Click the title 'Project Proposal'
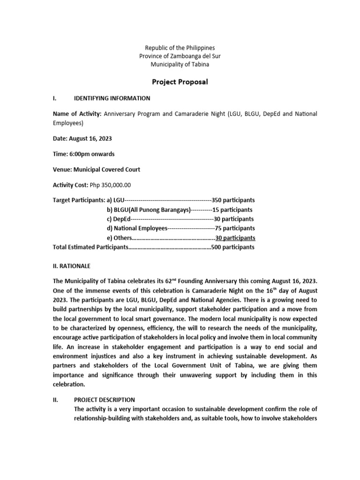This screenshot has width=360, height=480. (180, 82)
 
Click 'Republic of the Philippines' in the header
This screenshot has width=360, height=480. (180, 48)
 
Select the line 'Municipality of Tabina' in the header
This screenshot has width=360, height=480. (180, 64)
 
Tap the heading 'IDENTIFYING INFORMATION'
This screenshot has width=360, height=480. (112, 98)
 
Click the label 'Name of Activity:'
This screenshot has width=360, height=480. (77, 114)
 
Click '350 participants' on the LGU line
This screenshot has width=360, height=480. (233, 200)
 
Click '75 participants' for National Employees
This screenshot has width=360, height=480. (235, 228)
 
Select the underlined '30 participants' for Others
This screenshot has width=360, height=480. (235, 238)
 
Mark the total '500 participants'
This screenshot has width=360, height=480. (233, 247)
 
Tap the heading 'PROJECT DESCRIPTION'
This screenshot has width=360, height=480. (105, 400)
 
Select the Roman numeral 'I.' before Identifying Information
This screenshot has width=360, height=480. (55, 98)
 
